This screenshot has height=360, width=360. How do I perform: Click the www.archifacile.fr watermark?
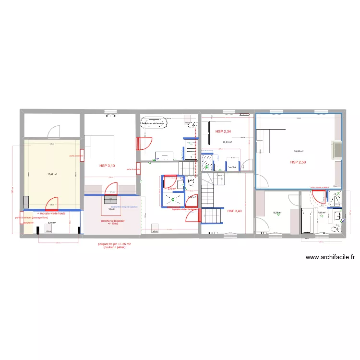330,257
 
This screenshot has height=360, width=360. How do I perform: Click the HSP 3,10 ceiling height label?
107,166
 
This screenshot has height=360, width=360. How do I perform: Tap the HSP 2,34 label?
223,131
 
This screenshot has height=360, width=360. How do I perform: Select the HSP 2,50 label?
298,162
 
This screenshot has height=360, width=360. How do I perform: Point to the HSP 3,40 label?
235,211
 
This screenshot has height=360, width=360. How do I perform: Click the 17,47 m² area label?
52,174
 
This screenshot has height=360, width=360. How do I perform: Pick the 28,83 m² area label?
299,152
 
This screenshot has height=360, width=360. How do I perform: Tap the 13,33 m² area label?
227,142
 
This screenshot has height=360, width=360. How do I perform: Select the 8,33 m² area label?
277,213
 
